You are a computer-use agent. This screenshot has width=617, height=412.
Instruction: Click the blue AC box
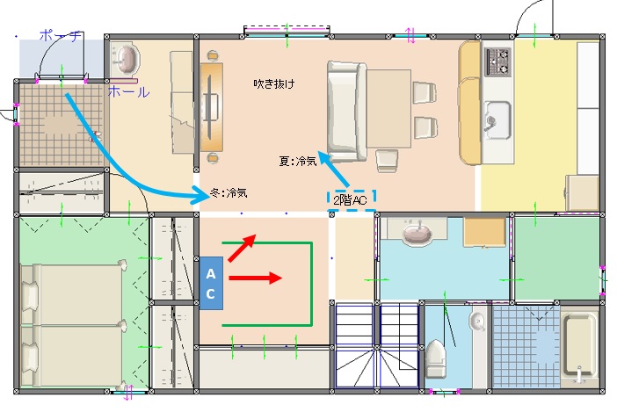(211, 283)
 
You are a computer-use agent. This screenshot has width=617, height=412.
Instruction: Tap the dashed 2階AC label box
(352, 200)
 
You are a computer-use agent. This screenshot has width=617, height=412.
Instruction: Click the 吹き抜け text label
(274, 83)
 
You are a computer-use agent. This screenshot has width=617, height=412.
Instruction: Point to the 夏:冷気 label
(298, 161)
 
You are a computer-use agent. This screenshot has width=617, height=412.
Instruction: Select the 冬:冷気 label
(229, 192)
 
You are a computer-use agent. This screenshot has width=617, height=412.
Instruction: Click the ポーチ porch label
(61, 36)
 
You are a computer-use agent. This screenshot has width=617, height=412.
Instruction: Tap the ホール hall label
(128, 92)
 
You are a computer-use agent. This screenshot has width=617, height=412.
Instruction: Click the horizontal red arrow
(256, 278)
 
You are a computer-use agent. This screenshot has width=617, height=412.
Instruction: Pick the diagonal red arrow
(243, 248)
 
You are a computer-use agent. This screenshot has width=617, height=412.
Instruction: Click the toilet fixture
(436, 358)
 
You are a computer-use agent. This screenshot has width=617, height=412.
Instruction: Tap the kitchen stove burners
(497, 61)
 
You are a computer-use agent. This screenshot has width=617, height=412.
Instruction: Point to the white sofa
(346, 112)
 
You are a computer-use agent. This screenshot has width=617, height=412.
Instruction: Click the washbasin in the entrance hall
(125, 60)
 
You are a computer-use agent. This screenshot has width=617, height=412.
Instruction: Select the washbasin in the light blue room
(417, 232)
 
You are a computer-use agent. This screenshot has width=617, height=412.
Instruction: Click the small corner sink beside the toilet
(477, 322)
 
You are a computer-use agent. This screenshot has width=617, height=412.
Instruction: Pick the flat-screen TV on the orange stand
(210, 106)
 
